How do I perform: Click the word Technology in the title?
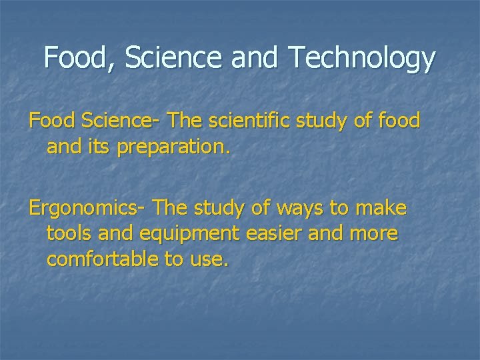(x=362, y=59)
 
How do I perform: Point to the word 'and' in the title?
(x=257, y=59)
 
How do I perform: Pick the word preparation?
(x=173, y=147)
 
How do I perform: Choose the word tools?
(x=70, y=234)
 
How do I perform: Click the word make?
(x=380, y=209)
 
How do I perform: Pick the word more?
(x=374, y=234)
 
